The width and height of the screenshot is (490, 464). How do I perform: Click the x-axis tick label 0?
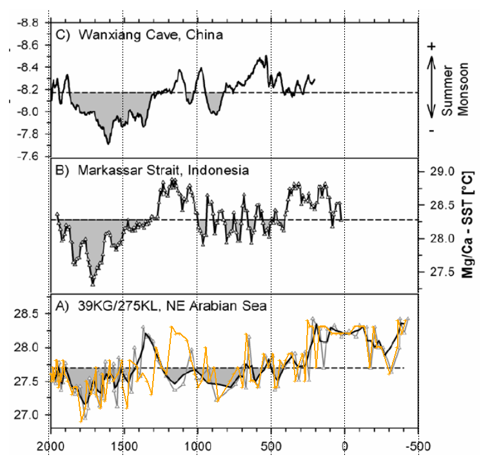pyautogui.click(x=344, y=445)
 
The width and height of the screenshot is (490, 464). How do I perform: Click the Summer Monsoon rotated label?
pyautogui.click(x=455, y=90)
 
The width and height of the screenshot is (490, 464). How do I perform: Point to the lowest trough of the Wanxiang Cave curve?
pyautogui.click(x=108, y=142)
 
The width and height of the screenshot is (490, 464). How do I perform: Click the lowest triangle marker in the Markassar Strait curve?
pyautogui.click(x=93, y=284)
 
